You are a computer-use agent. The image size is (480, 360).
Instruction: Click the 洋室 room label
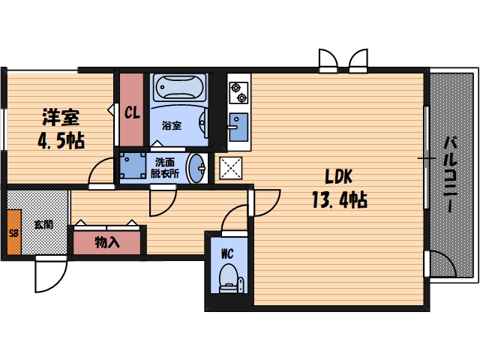[x=61, y=117]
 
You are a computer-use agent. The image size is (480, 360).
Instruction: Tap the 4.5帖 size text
[x=61, y=140]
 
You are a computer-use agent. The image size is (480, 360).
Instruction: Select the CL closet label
[x=132, y=113]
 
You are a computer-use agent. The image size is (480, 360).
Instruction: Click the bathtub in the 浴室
[x=180, y=89]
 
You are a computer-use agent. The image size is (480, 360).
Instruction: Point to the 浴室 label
[x=172, y=126]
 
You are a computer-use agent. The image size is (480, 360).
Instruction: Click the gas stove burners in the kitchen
[x=238, y=92]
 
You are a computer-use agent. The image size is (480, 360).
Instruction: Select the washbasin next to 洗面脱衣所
[x=198, y=166]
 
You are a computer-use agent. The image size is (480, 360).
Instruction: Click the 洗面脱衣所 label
[x=166, y=167]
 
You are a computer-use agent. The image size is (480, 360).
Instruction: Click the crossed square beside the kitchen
[x=229, y=168]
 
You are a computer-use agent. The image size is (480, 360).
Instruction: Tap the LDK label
[x=338, y=177]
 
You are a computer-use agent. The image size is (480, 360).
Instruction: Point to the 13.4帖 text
[x=338, y=200]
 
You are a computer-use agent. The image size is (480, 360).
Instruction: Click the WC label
[x=226, y=253]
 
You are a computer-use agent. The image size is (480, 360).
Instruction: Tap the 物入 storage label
[x=106, y=242]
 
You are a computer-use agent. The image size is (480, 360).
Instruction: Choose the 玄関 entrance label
[x=42, y=223]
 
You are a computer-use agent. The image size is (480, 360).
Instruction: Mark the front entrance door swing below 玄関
[x=48, y=274]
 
